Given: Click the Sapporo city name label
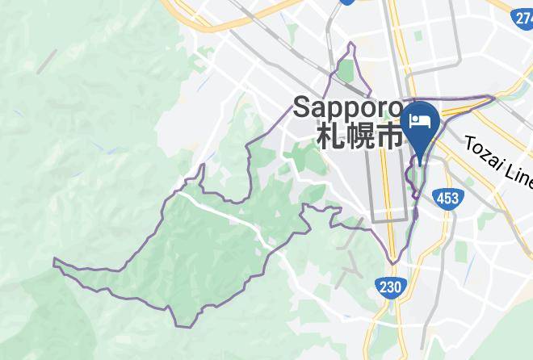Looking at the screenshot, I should [x=347, y=107].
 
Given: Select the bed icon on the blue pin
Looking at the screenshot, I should [x=420, y=121].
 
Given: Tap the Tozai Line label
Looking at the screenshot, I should [x=497, y=158].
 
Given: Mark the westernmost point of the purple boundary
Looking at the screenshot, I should [x=54, y=261].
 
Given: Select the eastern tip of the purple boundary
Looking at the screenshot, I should [x=494, y=98].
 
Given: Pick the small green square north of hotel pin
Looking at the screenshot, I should [x=418, y=36].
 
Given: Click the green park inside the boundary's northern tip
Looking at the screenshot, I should [x=346, y=71].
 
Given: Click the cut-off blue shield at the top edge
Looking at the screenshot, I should [x=347, y=2].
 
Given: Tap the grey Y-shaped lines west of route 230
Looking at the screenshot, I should [x=349, y=262].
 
